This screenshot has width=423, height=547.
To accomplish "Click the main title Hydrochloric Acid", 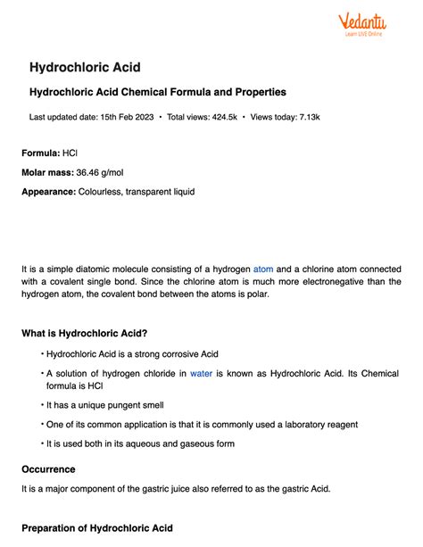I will coord(86,68).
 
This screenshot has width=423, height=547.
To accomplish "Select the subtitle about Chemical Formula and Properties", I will coord(158,93).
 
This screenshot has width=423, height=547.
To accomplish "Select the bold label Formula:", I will coord(40,153).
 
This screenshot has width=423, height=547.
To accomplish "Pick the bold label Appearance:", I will coord(48,191).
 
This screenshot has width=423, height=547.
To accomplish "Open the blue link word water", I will coord(201,374).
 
